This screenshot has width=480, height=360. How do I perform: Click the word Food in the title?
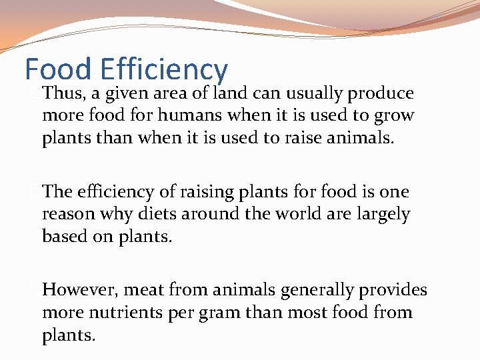pyautogui.click(x=58, y=69)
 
